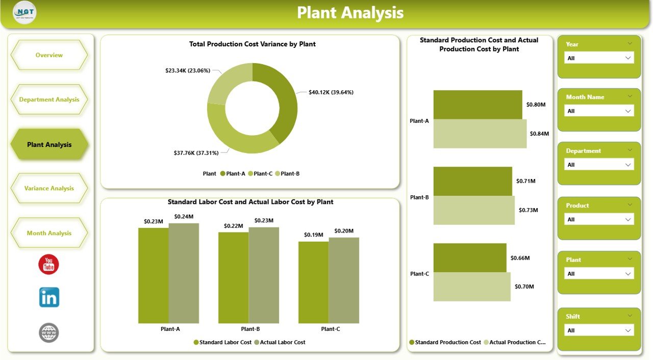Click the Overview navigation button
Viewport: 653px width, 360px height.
(49, 55)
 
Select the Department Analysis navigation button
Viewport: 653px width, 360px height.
(49, 99)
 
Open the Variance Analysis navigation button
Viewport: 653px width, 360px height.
(49, 188)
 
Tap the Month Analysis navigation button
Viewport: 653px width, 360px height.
(49, 233)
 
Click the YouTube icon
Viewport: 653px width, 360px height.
(49, 264)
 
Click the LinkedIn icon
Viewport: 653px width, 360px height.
(49, 297)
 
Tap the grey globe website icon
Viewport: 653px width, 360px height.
(49, 332)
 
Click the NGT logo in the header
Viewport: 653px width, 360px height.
(24, 13)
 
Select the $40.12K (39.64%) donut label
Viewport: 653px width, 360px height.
(331, 92)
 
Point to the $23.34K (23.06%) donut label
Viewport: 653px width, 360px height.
(188, 70)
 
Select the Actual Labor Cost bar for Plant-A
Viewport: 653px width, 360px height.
(184, 273)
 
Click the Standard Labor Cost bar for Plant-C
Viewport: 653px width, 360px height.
(313, 282)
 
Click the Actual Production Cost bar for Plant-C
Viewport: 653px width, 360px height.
(472, 287)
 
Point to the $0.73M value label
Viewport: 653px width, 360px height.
(528, 210)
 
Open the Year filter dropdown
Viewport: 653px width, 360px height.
(599, 58)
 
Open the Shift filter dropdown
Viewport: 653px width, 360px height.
(599, 330)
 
